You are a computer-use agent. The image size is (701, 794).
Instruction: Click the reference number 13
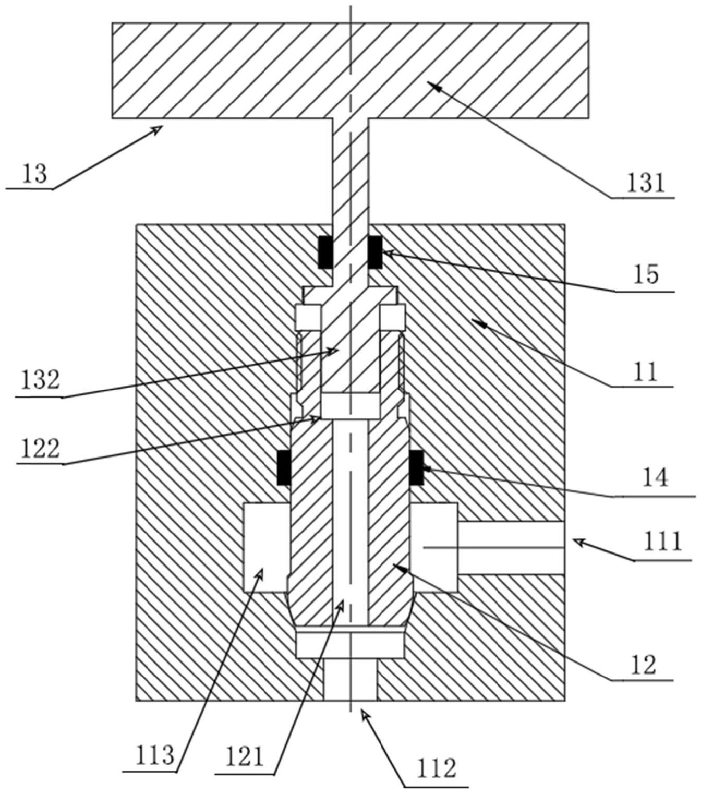(x=34, y=174)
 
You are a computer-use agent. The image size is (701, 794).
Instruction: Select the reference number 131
(x=645, y=183)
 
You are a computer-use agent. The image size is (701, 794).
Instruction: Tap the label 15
(x=646, y=275)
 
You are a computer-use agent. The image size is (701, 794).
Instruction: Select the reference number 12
(x=646, y=665)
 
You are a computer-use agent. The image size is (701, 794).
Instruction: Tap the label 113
(x=155, y=755)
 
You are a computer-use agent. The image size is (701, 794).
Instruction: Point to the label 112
(x=436, y=767)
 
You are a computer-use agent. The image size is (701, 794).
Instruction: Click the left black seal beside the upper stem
(x=326, y=252)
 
